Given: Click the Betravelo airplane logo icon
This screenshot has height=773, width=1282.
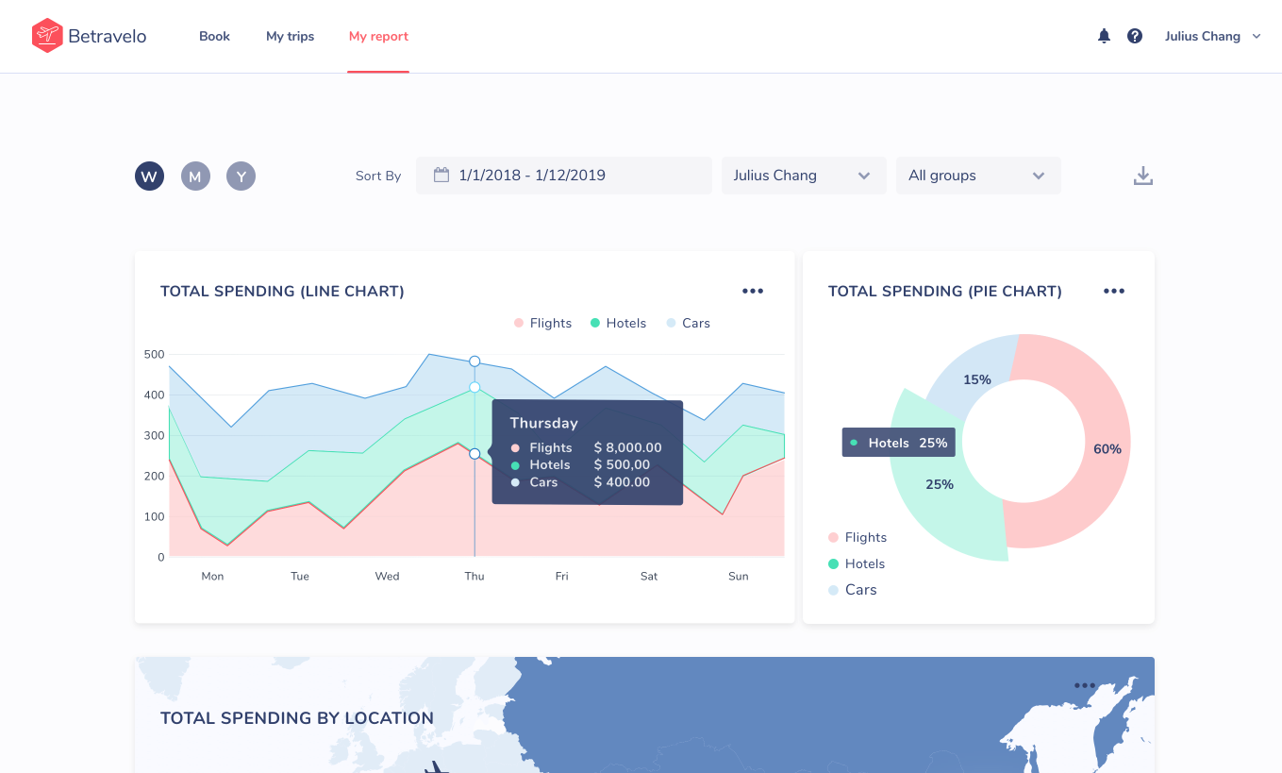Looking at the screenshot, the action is click(47, 36).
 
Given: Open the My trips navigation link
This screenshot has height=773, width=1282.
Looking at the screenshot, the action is click(291, 36).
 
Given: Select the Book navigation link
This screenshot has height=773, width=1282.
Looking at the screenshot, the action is click(215, 36).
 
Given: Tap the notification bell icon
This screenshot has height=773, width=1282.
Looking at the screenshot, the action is click(1104, 36).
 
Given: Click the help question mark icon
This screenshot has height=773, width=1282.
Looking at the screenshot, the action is click(1135, 36).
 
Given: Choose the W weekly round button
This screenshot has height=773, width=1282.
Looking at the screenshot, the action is click(149, 176).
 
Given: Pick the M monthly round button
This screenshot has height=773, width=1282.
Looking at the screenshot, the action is click(195, 176).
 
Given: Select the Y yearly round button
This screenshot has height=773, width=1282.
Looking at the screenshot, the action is click(241, 176).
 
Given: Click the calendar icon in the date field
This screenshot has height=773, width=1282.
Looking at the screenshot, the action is click(441, 175).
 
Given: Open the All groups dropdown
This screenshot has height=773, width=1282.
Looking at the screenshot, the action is click(978, 176).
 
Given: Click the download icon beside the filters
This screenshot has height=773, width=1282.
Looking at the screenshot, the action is click(1143, 176).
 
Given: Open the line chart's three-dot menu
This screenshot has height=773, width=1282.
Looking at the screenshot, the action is click(753, 291).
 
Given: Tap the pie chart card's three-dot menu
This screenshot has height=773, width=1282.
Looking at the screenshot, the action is click(1114, 291).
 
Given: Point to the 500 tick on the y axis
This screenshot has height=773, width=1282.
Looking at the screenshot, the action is click(154, 355).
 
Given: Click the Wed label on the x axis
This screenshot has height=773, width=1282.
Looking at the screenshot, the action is click(387, 576).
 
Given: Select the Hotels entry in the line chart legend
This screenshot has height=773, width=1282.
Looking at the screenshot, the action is click(618, 323).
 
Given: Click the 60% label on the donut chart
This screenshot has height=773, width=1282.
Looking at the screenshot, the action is click(1107, 449).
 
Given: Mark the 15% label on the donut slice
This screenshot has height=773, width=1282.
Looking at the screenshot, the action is click(977, 379).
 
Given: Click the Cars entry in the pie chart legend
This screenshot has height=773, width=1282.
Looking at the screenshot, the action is click(852, 590).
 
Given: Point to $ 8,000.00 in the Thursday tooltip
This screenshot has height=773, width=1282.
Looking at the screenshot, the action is click(628, 447).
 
